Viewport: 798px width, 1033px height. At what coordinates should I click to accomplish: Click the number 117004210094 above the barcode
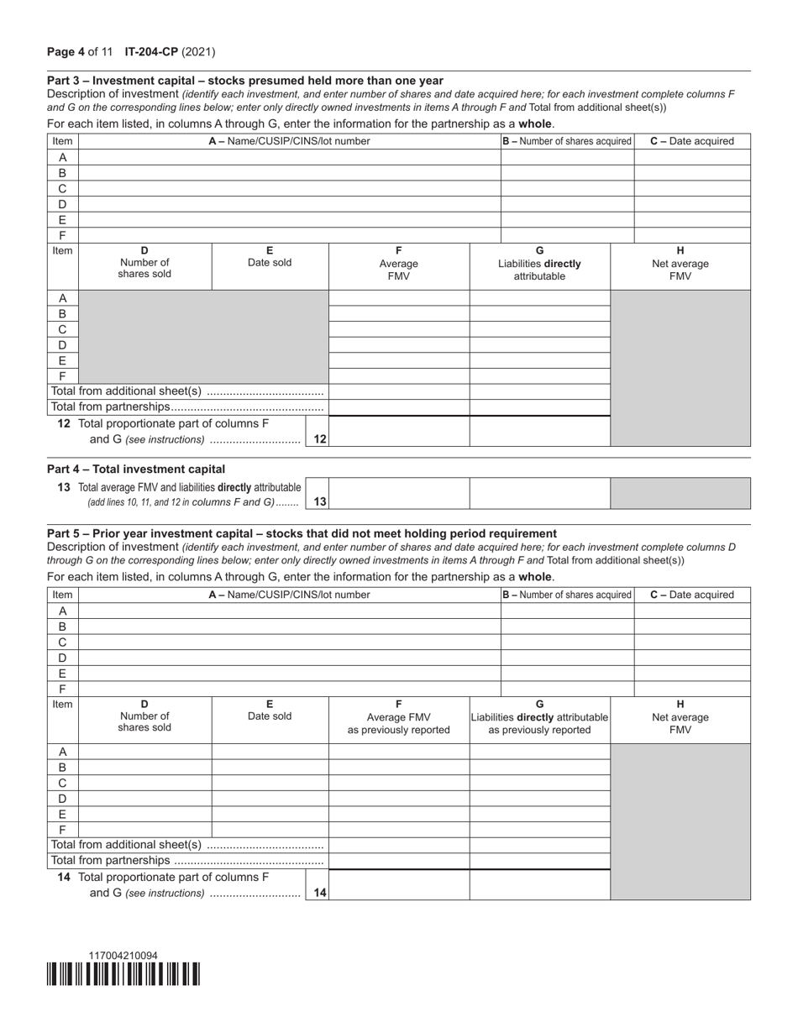(x=123, y=956)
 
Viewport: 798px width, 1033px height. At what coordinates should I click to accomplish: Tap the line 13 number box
(x=319, y=501)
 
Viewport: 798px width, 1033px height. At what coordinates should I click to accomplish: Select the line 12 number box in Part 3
(x=319, y=438)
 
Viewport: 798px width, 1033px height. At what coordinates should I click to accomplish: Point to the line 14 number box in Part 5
(x=319, y=893)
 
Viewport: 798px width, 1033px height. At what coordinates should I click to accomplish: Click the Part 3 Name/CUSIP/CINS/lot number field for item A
(x=289, y=157)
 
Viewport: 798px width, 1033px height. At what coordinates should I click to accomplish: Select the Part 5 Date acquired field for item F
(x=691, y=689)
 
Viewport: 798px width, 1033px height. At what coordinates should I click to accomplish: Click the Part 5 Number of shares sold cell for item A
(x=144, y=752)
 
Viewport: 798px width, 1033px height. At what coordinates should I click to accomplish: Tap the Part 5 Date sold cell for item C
(x=270, y=783)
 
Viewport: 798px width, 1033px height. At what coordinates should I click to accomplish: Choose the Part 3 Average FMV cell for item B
(x=398, y=313)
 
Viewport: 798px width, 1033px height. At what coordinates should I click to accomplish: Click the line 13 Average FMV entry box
(x=398, y=494)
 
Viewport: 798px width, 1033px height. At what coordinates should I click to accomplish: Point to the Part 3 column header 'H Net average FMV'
(x=680, y=264)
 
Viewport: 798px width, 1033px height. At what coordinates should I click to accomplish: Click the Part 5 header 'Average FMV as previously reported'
(x=398, y=717)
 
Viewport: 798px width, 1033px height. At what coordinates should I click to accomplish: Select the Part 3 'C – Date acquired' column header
(x=691, y=141)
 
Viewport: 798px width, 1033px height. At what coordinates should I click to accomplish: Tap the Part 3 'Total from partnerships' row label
(x=187, y=407)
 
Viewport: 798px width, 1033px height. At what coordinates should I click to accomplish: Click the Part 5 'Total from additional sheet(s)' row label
(x=187, y=845)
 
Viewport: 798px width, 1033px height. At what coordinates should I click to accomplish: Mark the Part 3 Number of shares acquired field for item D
(x=567, y=204)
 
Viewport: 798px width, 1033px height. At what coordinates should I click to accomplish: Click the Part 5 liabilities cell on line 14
(x=539, y=884)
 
